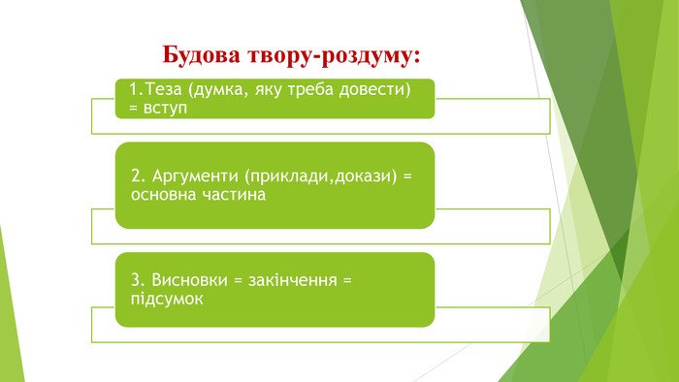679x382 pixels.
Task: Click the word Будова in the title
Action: tap(201, 55)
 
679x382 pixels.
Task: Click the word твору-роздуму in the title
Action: tap(329, 56)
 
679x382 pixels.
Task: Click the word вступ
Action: tap(165, 109)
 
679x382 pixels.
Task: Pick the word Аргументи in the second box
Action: tap(195, 176)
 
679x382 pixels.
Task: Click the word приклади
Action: tap(290, 176)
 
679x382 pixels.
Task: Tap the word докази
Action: tap(365, 176)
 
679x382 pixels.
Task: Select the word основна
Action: tap(164, 195)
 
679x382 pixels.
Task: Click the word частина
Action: tap(235, 195)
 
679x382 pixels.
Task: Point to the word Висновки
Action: tap(189, 280)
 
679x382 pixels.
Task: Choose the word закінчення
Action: tap(292, 280)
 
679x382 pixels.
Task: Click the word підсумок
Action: tap(167, 299)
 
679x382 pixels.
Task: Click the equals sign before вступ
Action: tap(133, 109)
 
